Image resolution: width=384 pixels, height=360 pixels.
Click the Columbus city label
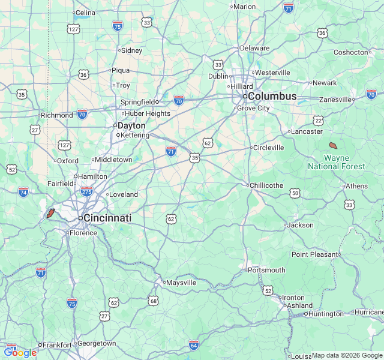click(272, 96)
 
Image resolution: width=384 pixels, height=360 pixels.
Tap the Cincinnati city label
click(107, 218)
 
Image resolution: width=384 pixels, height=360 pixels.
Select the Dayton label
click(131, 125)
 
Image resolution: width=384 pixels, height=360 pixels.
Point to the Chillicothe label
click(266, 185)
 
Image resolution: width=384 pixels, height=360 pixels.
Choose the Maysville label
click(181, 282)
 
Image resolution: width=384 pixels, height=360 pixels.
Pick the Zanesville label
click(335, 100)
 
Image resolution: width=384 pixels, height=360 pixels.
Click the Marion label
click(244, 7)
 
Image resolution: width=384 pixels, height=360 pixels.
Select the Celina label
click(85, 12)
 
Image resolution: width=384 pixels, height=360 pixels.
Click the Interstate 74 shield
click(23, 192)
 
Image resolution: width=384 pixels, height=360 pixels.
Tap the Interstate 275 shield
click(86, 191)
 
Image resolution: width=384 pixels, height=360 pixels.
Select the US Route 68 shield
click(154, 301)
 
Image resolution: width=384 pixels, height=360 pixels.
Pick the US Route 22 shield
click(318, 121)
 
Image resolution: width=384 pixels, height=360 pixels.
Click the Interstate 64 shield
click(193, 345)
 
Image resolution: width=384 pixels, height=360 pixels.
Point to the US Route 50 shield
click(295, 193)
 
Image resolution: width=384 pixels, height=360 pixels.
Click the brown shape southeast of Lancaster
click(333, 145)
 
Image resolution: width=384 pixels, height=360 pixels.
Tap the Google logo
click(20, 353)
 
